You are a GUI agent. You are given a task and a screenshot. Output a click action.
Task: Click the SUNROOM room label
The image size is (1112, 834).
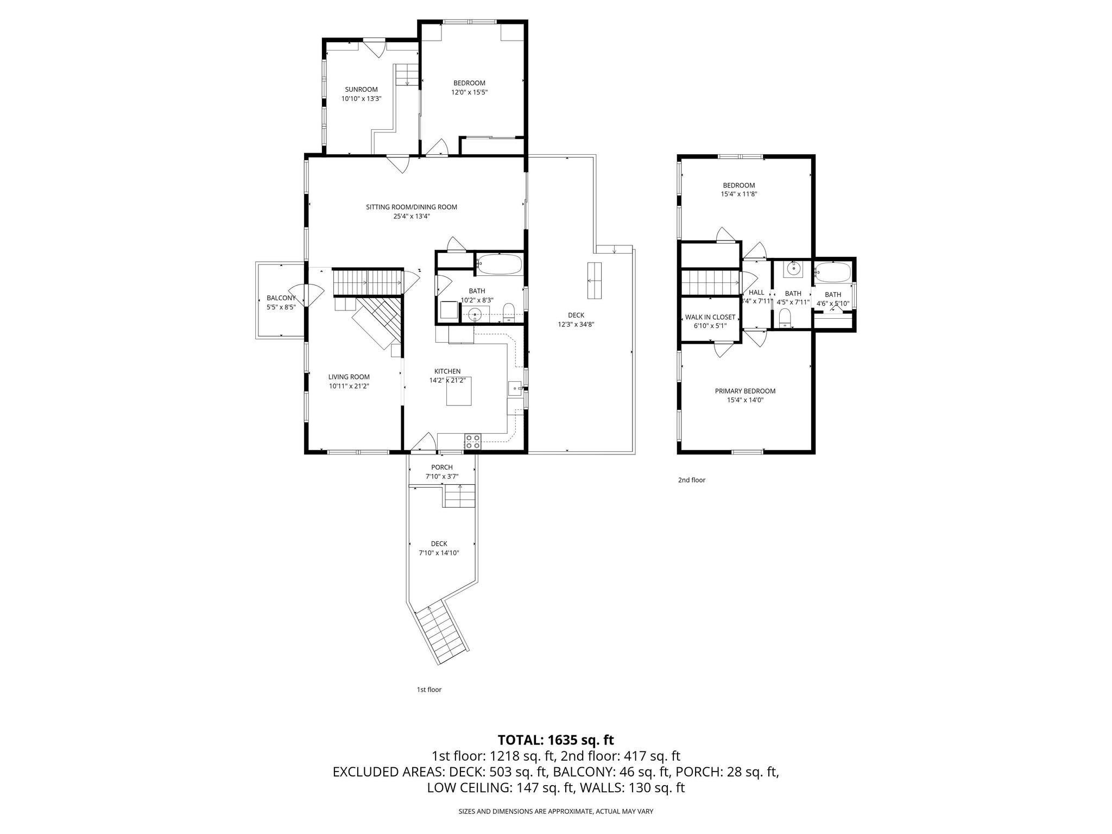tap(361, 90)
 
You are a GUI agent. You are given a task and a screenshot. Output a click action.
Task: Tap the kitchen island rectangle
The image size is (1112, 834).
tap(459, 391)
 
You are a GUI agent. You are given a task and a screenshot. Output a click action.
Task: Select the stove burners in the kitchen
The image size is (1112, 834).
tap(472, 441)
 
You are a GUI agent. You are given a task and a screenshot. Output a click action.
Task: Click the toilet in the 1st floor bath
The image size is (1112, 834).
tap(509, 312)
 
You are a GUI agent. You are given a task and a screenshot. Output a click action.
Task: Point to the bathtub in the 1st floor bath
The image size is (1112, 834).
tap(500, 266)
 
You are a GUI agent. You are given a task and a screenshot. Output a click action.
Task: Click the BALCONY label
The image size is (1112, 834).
tap(281, 298)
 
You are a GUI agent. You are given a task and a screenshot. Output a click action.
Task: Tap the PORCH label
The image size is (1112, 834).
tap(441, 467)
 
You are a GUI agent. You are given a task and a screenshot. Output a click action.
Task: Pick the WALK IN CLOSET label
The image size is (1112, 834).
tap(710, 317)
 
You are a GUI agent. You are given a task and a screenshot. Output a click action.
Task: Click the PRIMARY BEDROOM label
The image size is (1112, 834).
tap(745, 391)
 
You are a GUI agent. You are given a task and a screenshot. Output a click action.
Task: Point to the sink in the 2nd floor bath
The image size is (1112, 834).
tap(793, 268)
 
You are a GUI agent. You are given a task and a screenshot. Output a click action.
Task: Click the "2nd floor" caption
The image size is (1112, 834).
tap(691, 480)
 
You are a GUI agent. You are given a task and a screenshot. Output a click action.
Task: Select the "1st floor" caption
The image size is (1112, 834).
tap(429, 690)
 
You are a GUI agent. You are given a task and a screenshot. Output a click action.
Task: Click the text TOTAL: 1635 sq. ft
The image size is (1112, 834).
tap(555, 740)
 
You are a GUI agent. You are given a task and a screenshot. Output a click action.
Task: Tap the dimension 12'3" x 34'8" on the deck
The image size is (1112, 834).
tap(576, 324)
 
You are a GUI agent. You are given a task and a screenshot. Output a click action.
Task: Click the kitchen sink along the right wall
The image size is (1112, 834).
tap(514, 388)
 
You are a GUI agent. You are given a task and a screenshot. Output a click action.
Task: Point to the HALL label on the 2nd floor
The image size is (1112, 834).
tap(756, 292)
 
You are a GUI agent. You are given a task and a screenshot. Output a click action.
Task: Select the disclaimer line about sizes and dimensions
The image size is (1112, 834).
tap(555, 811)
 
